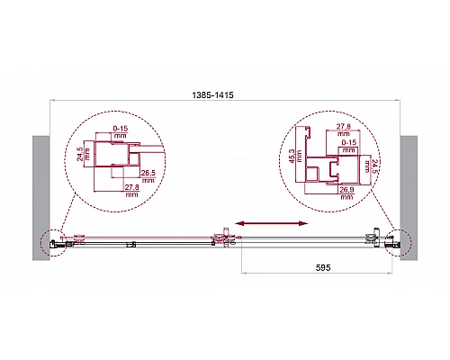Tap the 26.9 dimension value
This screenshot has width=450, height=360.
tap(344, 191)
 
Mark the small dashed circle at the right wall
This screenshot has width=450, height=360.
tap(396, 242)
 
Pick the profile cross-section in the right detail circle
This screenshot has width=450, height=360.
tap(328, 166)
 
